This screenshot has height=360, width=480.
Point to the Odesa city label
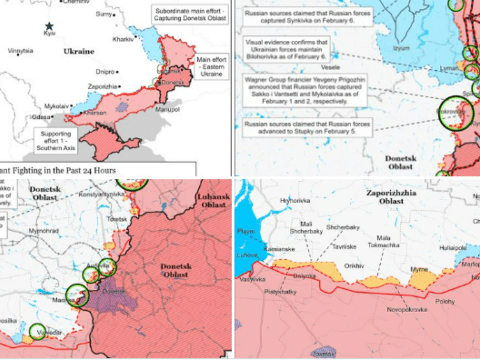click(41, 116)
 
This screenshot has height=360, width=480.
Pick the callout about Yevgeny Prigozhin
click(305, 91)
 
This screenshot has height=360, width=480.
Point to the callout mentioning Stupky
click(308, 128)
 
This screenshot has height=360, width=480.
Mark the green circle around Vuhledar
click(38, 332)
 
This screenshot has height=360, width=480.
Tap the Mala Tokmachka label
click(379, 241)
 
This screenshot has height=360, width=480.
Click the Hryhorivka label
click(295, 201)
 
